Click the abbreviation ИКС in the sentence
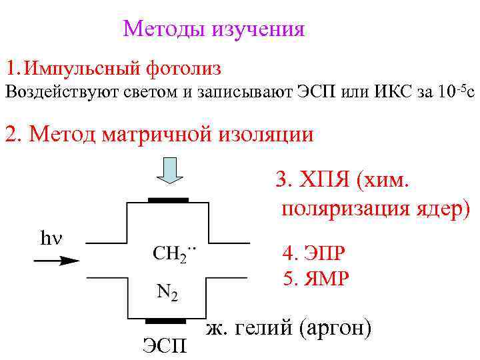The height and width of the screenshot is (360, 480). point(379,92)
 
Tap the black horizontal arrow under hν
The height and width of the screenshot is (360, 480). point(56,262)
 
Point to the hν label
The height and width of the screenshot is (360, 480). point(51,237)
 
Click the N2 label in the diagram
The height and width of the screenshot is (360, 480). point(167,292)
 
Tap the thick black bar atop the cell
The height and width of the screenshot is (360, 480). point(167,200)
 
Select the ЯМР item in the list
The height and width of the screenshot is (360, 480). point(315,277)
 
